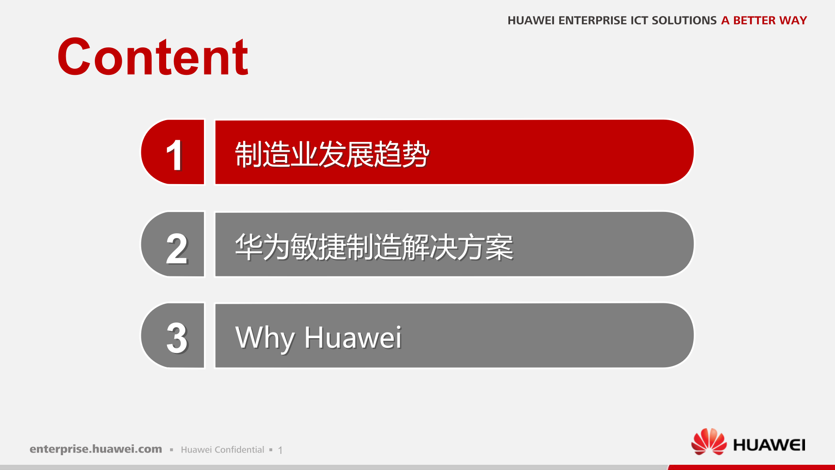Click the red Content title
pos(153,57)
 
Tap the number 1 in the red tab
pos(174,155)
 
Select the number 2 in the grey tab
pos(177,248)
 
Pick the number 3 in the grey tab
pos(177,338)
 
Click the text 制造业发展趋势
pos(332,154)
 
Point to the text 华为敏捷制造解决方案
pos(374,247)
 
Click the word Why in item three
pos(265,338)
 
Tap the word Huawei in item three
pos(353,338)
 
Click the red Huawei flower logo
pos(709,442)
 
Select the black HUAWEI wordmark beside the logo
pos(769,445)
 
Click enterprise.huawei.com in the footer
pos(96,449)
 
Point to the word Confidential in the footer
pos(239,450)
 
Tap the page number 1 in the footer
pos(281,450)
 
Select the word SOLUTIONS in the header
pos(684,20)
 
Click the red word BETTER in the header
pos(754,20)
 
